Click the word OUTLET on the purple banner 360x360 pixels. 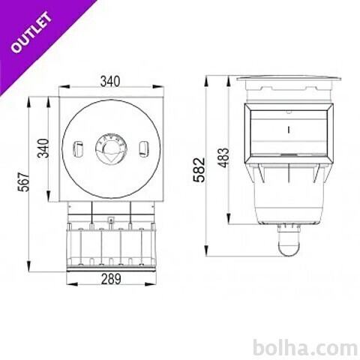tap(31, 32)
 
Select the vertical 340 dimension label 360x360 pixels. tap(43, 148)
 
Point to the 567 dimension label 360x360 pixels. tap(23, 181)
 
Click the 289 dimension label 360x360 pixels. tap(111, 279)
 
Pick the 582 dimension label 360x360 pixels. tap(199, 169)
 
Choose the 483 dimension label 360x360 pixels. tap(223, 157)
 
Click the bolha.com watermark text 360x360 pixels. tap(305, 348)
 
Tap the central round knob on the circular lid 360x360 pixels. tap(111, 150)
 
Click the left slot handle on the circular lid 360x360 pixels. tap(78, 149)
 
